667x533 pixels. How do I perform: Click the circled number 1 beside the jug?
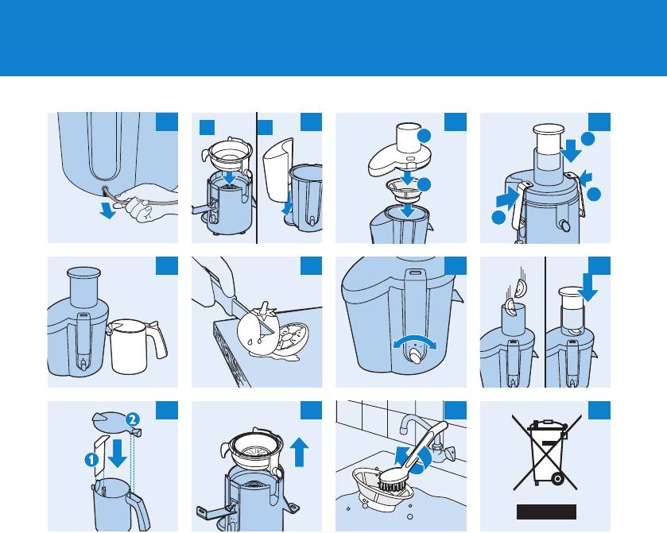[91, 459]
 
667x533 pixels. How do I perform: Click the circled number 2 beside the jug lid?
[132, 420]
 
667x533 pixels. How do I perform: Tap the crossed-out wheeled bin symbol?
[547, 453]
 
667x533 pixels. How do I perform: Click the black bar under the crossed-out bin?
[547, 512]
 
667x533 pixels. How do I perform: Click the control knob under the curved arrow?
[415, 355]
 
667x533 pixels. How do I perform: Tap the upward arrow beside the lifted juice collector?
[299, 452]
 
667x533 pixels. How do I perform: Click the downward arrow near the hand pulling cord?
[108, 210]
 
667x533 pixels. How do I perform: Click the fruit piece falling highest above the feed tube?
[520, 288]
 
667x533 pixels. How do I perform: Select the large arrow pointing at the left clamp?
[507, 199]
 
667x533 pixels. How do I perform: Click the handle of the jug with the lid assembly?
[139, 512]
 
